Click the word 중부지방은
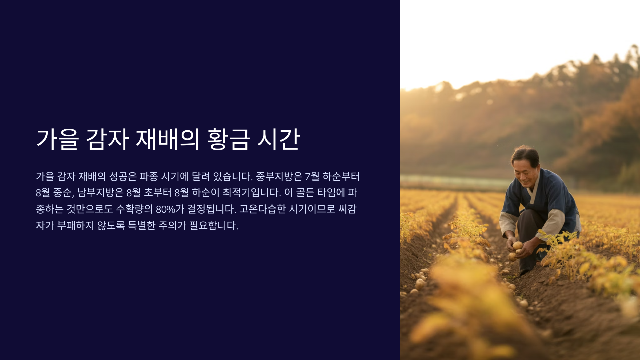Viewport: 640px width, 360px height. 279,177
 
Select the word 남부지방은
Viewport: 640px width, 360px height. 100,193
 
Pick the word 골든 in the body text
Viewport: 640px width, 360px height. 305,193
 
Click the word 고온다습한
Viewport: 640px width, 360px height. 262,209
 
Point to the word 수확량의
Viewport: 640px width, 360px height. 134,209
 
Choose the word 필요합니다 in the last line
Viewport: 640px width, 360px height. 214,226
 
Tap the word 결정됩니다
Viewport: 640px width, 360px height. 212,209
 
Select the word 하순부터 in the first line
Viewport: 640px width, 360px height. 341,177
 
